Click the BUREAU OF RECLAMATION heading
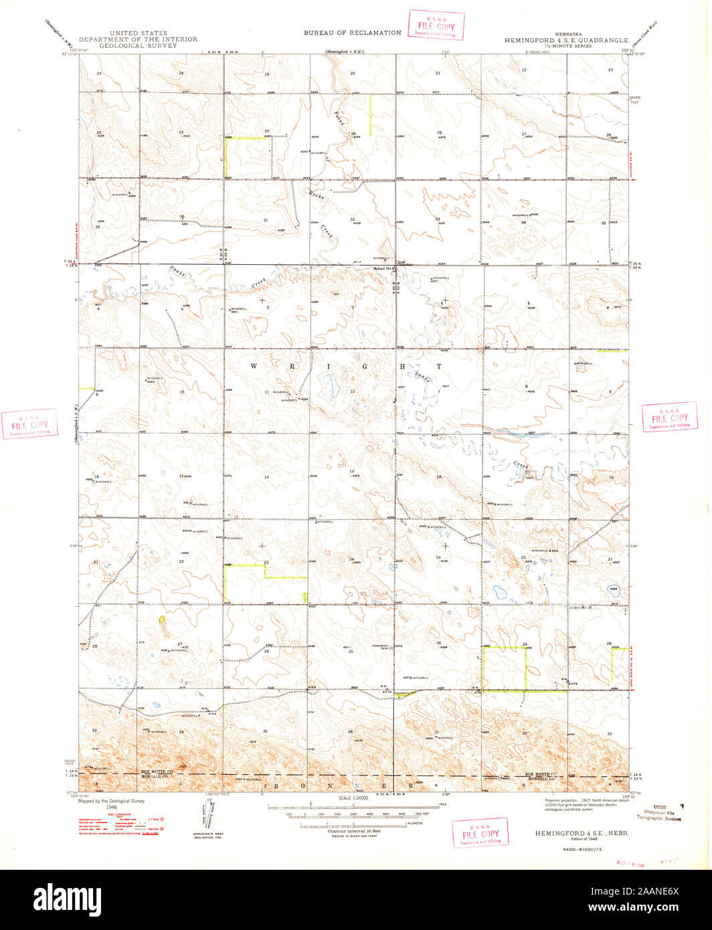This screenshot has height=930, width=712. click(x=352, y=32)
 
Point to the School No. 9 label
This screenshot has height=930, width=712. click(x=384, y=268)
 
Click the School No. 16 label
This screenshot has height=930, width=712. click(x=581, y=608)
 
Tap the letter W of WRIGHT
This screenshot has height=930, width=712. click(x=254, y=366)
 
